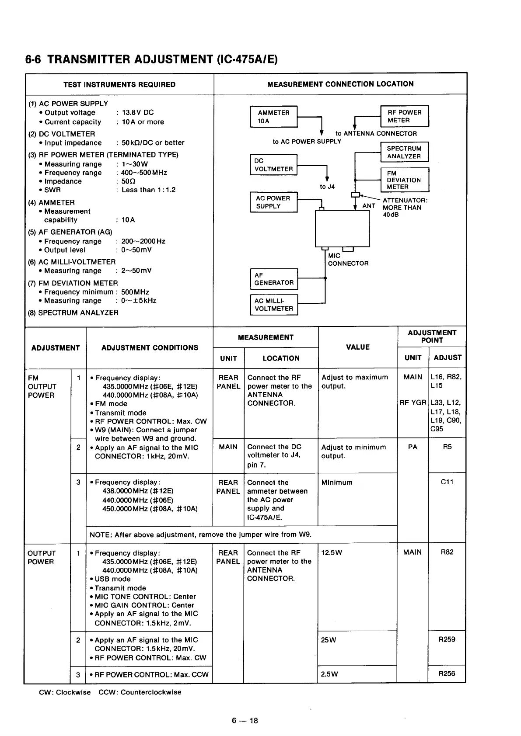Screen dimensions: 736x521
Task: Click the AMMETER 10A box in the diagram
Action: pos(273,117)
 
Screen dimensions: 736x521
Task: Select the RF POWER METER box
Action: pos(404,116)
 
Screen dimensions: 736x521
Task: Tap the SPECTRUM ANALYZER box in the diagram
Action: pos(404,152)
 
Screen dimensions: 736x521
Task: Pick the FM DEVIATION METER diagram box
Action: pos(404,180)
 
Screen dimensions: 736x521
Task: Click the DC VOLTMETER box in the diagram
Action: pos(273,165)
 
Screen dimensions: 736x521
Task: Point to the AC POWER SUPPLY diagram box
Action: pos(273,202)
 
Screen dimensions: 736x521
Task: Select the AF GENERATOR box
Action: pos(274,279)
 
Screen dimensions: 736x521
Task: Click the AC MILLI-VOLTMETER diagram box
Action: pos(274,305)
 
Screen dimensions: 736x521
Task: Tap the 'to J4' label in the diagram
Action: pos(327,187)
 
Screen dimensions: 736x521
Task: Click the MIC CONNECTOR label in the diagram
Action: pos(348,260)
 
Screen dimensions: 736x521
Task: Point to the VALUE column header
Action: pos(358,347)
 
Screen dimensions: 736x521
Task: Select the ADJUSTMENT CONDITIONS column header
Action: pos(150,348)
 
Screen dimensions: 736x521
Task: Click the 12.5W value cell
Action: pos(332,553)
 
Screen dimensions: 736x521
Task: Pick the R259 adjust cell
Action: pos(447,639)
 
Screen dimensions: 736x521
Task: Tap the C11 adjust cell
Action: pos(447,482)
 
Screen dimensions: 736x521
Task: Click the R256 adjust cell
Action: pos(447,674)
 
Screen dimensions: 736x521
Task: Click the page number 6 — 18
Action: pos(245,721)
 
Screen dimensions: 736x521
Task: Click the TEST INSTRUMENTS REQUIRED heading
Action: pos(119,84)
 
